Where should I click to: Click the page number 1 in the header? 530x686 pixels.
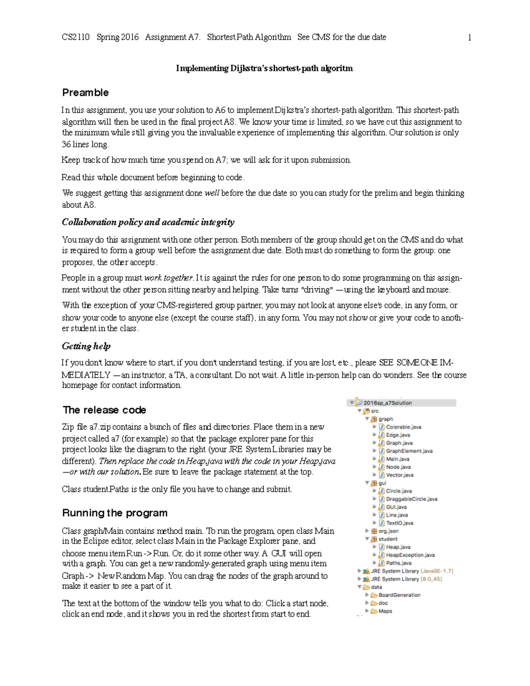[469, 38]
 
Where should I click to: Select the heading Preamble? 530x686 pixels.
[85, 93]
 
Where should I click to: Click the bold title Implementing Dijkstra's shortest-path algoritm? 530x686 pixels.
[264, 68]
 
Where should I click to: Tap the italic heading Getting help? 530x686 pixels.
[86, 346]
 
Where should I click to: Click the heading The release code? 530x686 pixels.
[104, 410]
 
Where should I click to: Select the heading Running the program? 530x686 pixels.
[115, 513]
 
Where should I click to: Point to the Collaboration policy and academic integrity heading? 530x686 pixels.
[148, 222]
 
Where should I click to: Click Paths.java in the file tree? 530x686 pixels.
[398, 563]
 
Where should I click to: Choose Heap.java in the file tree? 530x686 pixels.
[398, 547]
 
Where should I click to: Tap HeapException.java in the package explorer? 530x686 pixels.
[410, 555]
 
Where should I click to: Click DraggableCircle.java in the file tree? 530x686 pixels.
[411, 499]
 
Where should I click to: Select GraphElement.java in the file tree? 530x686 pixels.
[409, 451]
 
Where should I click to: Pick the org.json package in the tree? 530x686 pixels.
[388, 531]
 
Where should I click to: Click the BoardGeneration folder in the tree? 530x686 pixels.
[399, 595]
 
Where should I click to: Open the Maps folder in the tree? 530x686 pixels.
[385, 611]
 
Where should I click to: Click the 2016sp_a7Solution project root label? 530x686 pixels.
[387, 403]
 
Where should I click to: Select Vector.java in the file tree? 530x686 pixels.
[399, 475]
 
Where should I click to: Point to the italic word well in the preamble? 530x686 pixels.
[212, 193]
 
